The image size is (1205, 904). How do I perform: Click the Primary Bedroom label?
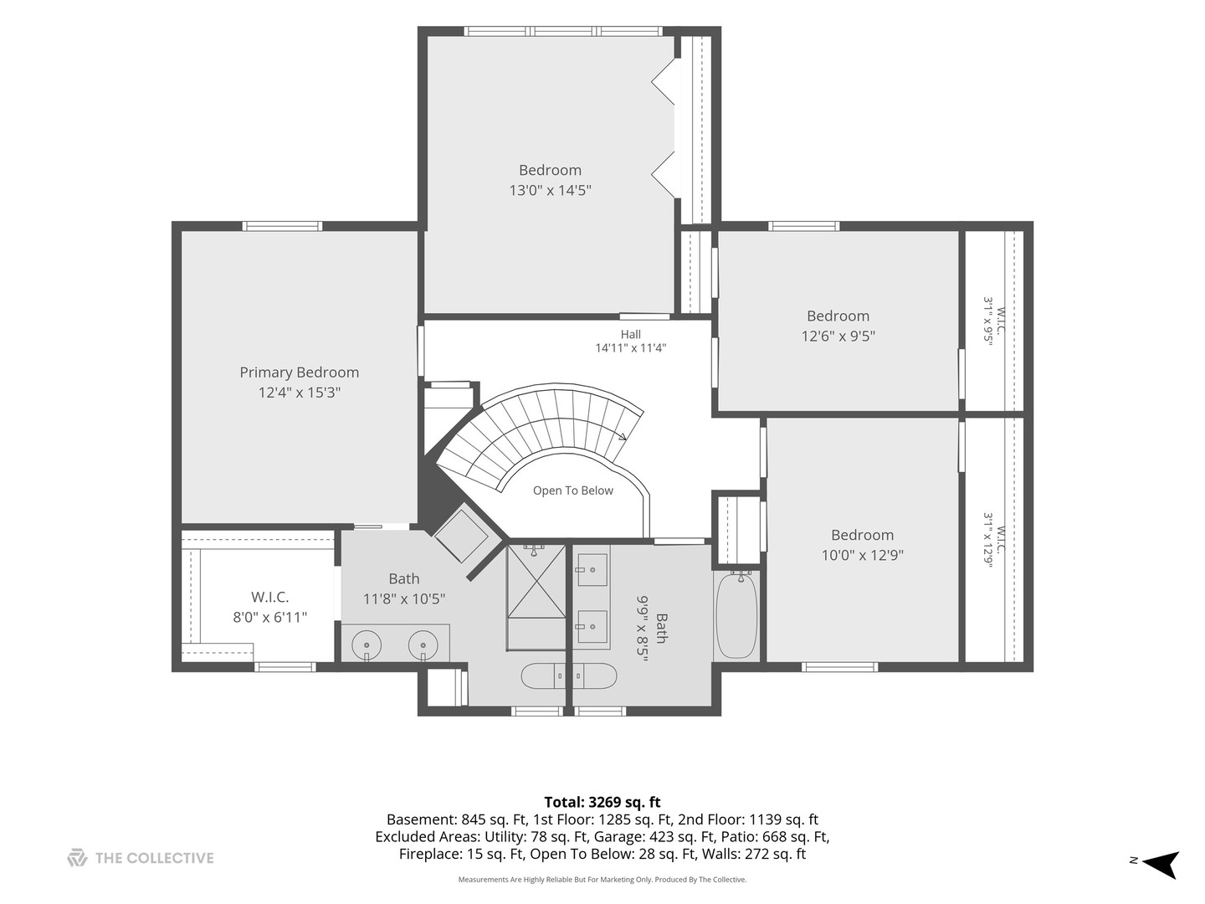click(300, 372)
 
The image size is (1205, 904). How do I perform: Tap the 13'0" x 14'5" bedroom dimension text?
click(550, 191)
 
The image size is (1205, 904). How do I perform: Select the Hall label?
click(631, 334)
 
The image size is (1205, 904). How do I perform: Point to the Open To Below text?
click(572, 491)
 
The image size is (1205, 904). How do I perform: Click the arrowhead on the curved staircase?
click(623, 436)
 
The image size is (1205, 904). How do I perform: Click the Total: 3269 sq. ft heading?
click(602, 803)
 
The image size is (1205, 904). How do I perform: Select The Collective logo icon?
click(78, 858)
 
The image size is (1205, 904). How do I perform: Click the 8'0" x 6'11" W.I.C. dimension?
click(269, 618)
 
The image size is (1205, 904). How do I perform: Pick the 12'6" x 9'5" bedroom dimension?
click(838, 336)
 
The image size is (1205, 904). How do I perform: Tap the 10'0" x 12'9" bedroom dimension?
click(862, 555)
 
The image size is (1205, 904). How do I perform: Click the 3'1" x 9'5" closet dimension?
click(988, 320)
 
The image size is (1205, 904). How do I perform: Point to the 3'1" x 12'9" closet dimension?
click(988, 540)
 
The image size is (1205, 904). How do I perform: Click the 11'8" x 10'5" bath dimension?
click(403, 598)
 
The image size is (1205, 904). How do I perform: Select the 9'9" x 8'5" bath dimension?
click(643, 629)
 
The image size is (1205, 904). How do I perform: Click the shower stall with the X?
click(536, 581)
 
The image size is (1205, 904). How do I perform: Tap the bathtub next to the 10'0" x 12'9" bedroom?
click(736, 614)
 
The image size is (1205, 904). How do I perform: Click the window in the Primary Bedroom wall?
click(282, 226)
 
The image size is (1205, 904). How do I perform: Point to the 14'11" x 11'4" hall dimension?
click(631, 348)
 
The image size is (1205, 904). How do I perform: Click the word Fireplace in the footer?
click(430, 854)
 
